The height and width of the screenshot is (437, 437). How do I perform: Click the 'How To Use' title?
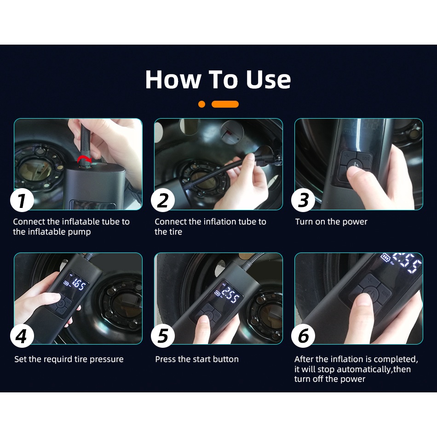(x=218, y=80)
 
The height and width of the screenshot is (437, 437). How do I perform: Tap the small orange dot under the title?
(x=202, y=104)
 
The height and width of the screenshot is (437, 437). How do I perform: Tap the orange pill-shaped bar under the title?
(x=225, y=104)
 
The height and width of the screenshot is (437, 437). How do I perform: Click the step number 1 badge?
(x=22, y=201)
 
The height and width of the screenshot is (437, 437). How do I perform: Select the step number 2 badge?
(x=163, y=201)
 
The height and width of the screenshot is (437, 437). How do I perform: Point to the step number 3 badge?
(x=303, y=201)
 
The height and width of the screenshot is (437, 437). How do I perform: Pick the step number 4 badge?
(x=22, y=335)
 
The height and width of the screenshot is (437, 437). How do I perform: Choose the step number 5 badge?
(x=163, y=335)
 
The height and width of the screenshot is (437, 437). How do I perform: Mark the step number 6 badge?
(x=303, y=335)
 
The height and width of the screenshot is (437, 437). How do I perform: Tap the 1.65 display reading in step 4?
(x=78, y=285)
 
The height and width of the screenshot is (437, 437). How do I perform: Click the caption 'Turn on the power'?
(x=331, y=222)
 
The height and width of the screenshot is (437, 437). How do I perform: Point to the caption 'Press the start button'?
(x=197, y=359)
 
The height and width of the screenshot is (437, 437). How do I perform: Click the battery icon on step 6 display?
(x=386, y=257)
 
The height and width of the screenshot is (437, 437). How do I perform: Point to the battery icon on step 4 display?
(x=67, y=283)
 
